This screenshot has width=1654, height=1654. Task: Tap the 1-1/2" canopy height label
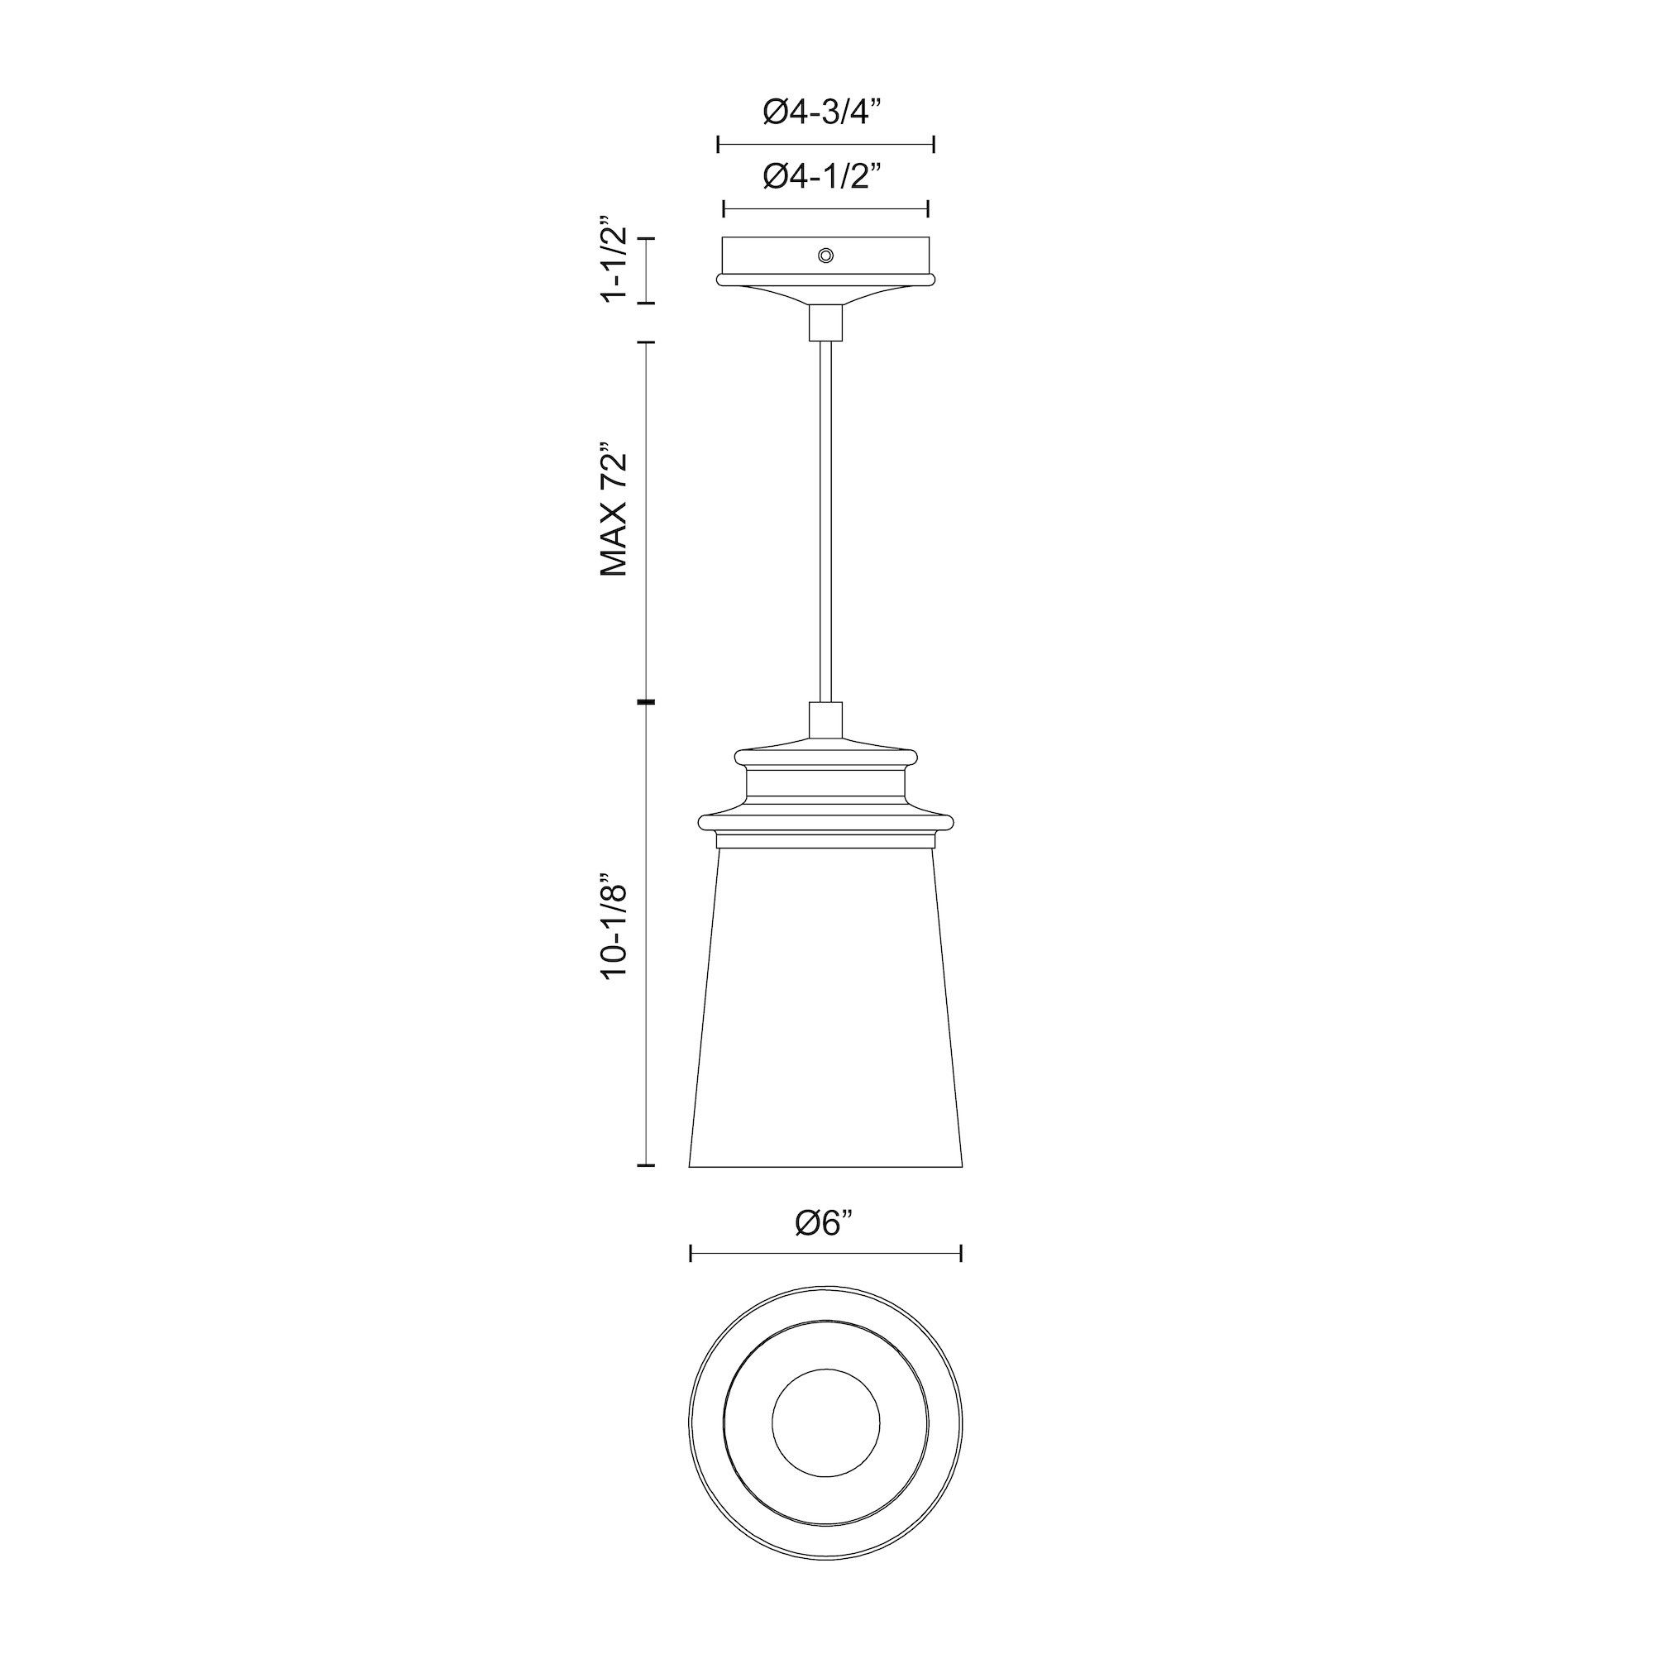615,263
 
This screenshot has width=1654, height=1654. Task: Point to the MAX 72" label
615,510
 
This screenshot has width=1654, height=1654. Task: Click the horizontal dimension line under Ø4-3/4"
825,145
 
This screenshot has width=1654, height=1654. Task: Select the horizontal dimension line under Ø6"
825,1255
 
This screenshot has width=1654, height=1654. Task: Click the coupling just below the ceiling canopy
825,323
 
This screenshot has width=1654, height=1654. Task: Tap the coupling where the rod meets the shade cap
825,715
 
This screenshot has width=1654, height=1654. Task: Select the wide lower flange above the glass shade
825,822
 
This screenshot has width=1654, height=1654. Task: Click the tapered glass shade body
825,1011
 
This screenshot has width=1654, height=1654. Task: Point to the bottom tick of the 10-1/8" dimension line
647,1165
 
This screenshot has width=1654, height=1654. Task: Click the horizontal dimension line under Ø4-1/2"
825,209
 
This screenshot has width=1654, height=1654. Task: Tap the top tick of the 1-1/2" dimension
647,238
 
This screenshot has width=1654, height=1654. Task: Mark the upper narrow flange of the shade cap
825,756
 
